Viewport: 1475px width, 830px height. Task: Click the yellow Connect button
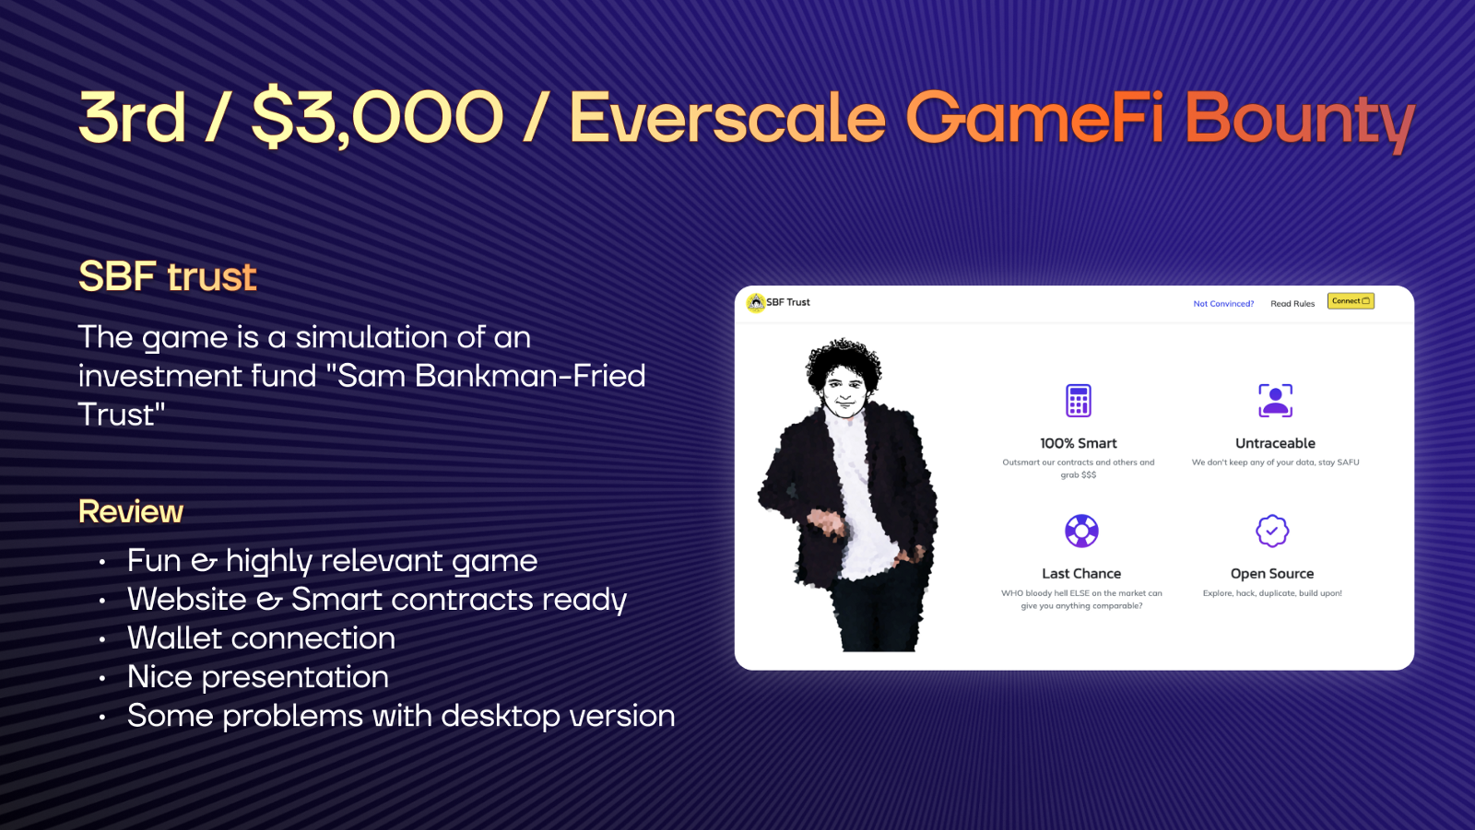pyautogui.click(x=1351, y=301)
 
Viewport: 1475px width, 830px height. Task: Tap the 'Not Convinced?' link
pyautogui.click(x=1223, y=303)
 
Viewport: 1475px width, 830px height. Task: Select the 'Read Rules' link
pyautogui.click(x=1292, y=303)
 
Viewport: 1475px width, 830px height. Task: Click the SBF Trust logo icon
pyautogui.click(x=756, y=302)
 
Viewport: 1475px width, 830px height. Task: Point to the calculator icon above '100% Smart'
pyautogui.click(x=1079, y=400)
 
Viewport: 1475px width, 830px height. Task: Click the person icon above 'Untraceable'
pyautogui.click(x=1276, y=400)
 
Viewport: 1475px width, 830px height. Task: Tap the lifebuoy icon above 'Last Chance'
pyautogui.click(x=1081, y=531)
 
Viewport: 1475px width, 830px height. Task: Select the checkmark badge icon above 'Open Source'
pyautogui.click(x=1272, y=531)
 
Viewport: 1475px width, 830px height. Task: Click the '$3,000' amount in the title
pyautogui.click(x=378, y=119)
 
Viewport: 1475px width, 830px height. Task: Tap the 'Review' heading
pyautogui.click(x=131, y=511)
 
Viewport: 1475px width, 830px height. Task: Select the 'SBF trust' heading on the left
pyautogui.click(x=167, y=275)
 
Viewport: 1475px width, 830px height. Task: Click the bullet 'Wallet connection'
pyautogui.click(x=262, y=637)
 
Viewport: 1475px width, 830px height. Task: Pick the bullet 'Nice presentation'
pyautogui.click(x=258, y=677)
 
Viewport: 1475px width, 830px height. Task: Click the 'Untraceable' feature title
pyautogui.click(x=1275, y=443)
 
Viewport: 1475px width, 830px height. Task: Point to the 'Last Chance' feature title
pyautogui.click(x=1081, y=573)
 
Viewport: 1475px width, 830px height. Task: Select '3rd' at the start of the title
pyautogui.click(x=132, y=116)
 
